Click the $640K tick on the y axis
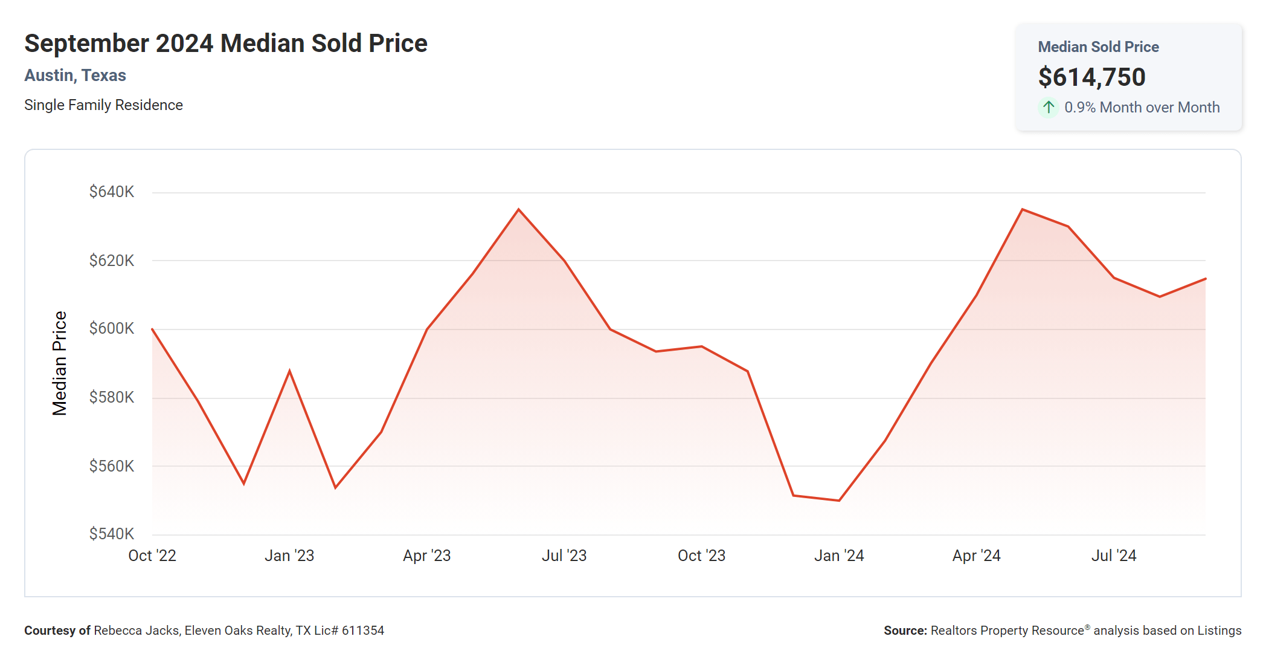coord(112,192)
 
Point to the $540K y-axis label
coord(112,534)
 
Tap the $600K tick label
coord(112,328)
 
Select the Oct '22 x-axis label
coord(152,556)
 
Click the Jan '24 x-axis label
coord(839,556)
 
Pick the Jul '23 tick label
coord(564,556)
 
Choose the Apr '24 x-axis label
coord(976,556)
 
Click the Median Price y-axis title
coord(59,363)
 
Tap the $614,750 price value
coord(1091,77)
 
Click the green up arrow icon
coord(1049,108)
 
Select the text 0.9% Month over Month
coord(1142,108)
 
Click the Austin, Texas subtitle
coord(75,76)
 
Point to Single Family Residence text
coord(103,105)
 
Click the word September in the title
coord(87,44)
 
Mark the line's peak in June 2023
coord(518,209)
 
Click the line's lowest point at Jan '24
coord(839,501)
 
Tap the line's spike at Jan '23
coord(290,371)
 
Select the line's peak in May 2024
coord(1022,209)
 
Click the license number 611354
coord(363,631)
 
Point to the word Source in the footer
coord(904,631)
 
